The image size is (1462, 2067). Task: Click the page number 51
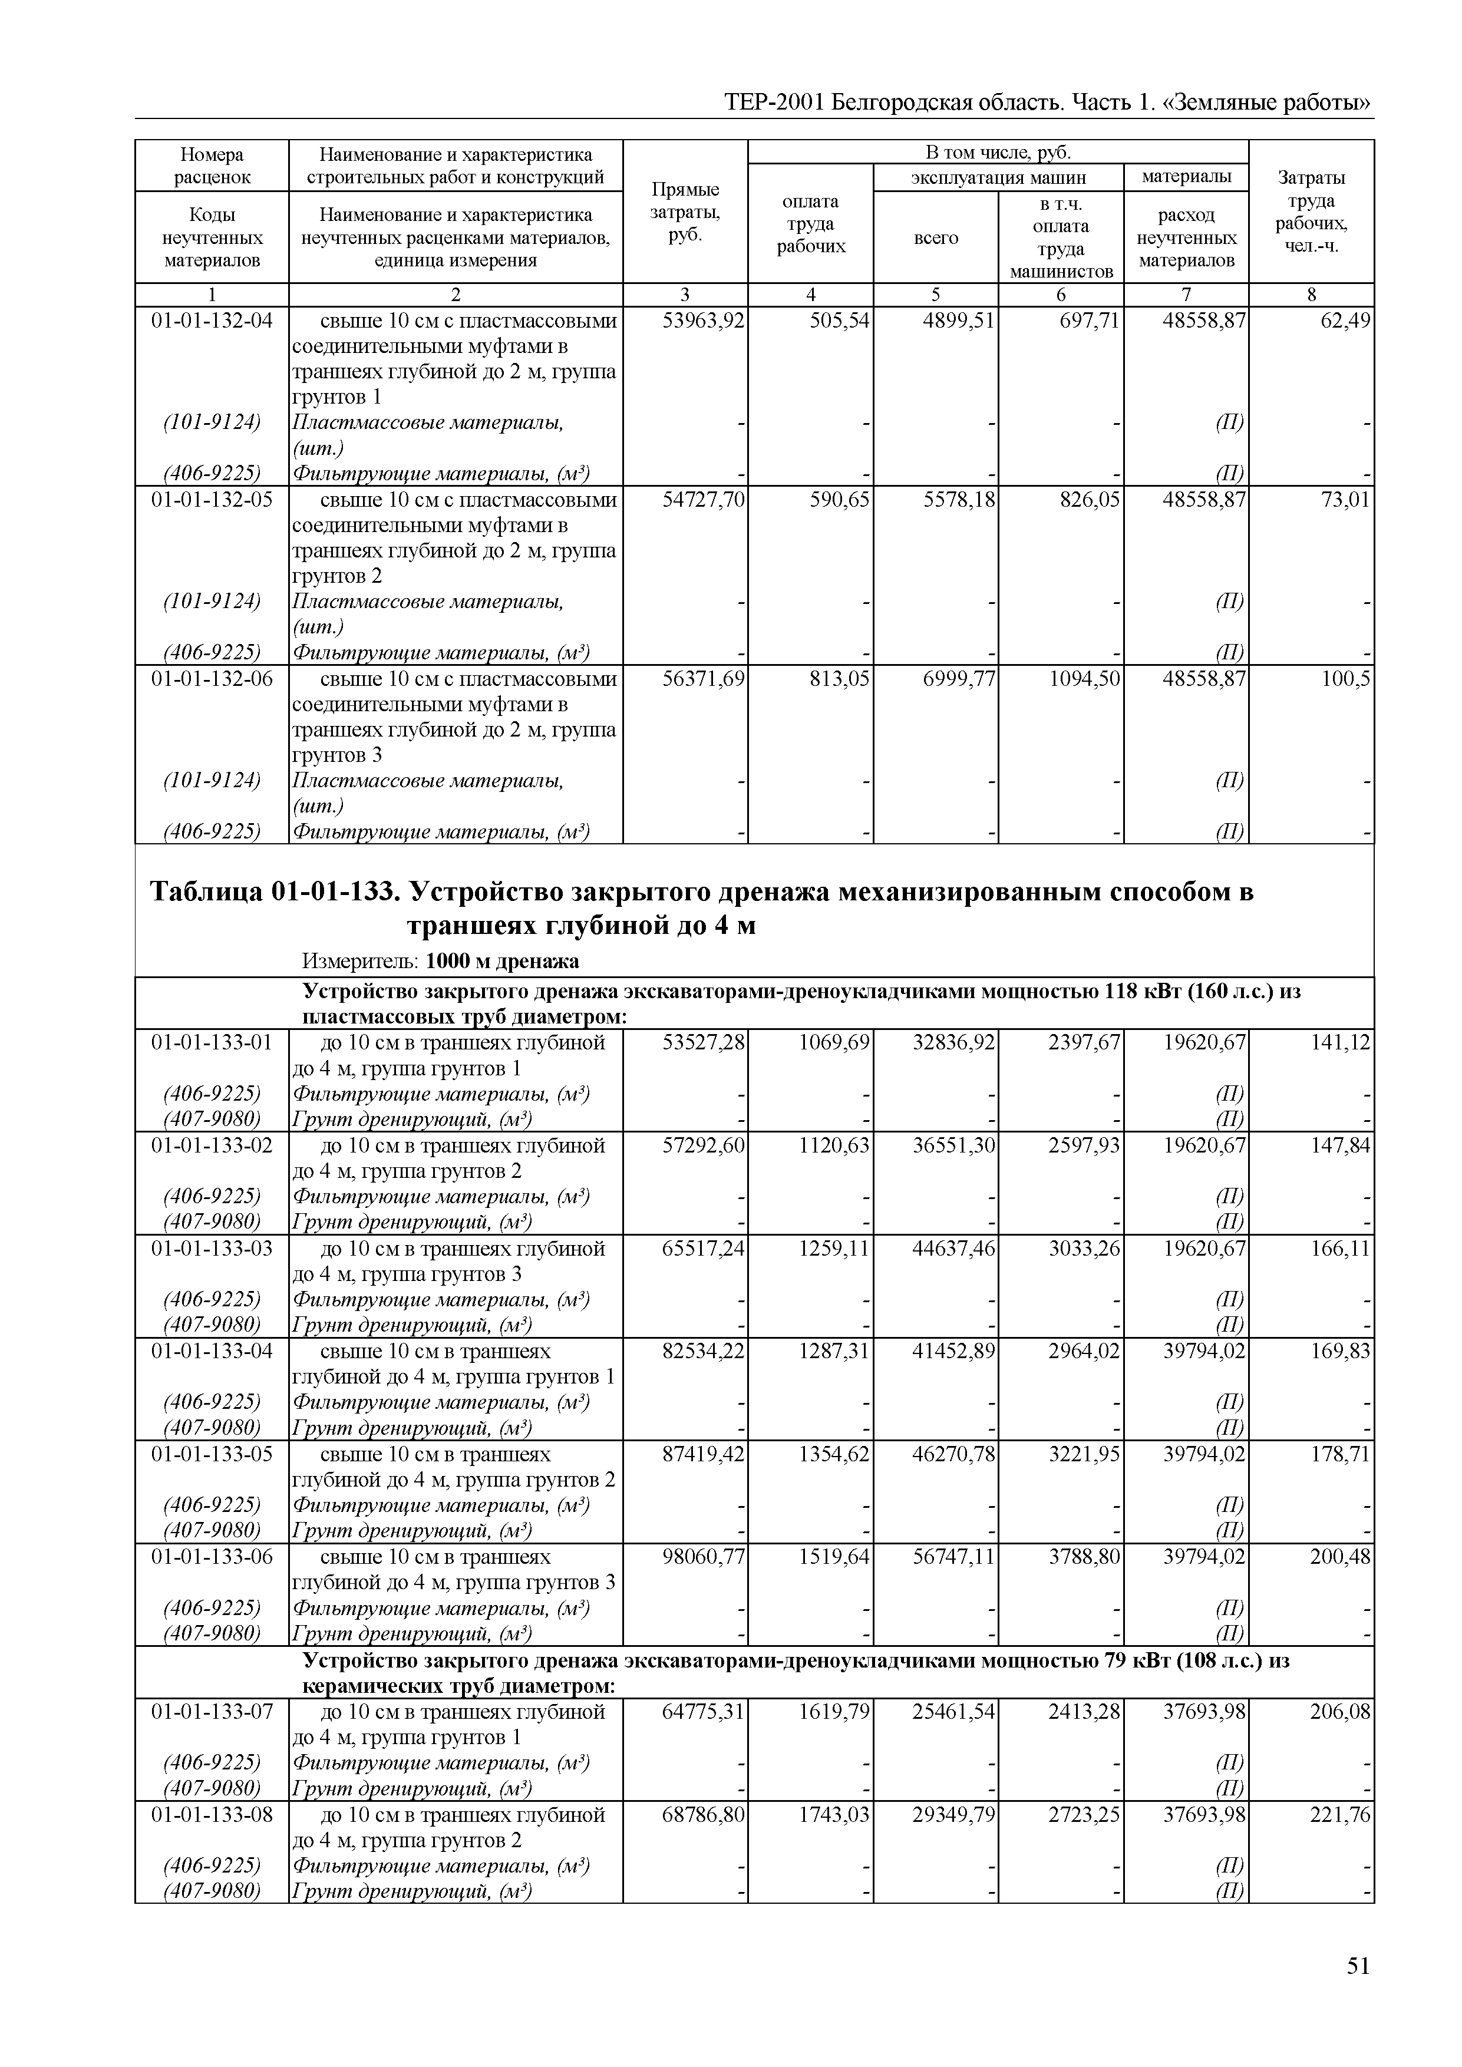click(1358, 1966)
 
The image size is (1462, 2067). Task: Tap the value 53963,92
click(703, 321)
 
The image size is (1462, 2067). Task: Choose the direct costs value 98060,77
click(703, 1557)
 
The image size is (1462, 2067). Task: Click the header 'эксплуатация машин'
click(998, 177)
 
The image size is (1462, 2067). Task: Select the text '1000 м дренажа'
click(501, 962)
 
